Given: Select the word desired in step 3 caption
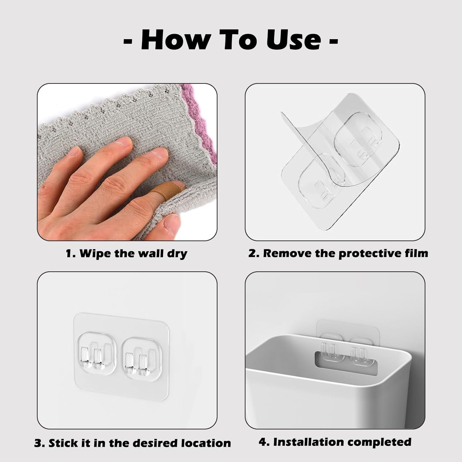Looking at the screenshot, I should coord(156,443).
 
